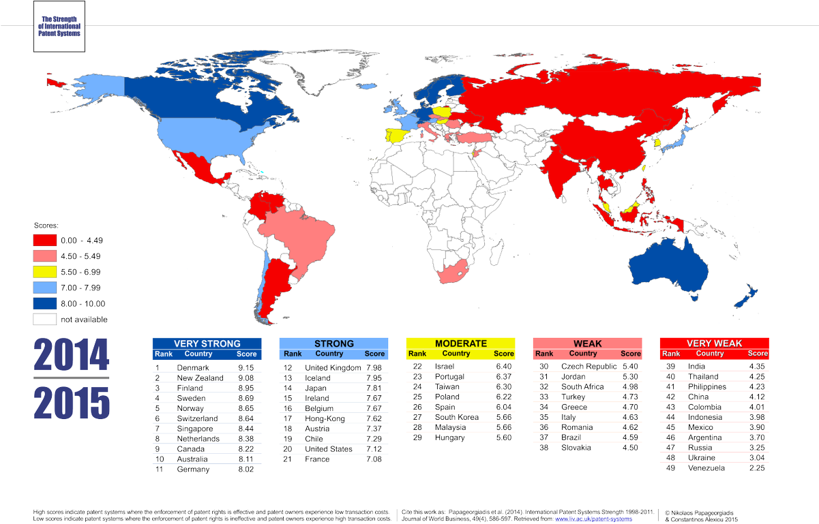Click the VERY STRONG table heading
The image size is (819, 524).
tap(207, 343)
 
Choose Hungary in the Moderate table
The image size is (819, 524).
tap(449, 438)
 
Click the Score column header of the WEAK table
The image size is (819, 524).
tap(631, 354)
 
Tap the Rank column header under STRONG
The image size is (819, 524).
tap(293, 354)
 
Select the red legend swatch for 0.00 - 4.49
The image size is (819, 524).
tap(44, 240)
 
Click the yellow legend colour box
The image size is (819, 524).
tap(44, 271)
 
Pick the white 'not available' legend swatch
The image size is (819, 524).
tap(44, 319)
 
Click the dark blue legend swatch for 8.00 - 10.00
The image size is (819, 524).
tap(44, 303)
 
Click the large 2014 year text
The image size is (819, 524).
tap(72, 354)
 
